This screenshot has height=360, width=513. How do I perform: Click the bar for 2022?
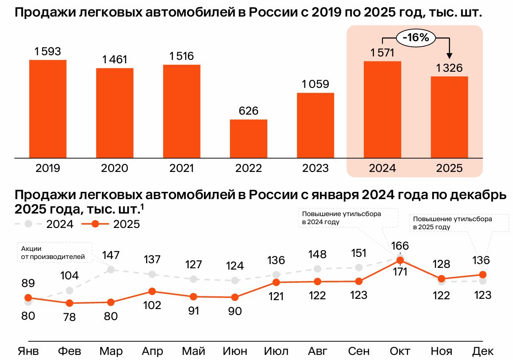[249, 138]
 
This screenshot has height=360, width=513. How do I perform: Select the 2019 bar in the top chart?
[48, 109]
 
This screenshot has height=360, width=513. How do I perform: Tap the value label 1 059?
[315, 84]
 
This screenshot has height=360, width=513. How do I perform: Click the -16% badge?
[416, 38]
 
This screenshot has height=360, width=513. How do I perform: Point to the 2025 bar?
[449, 117]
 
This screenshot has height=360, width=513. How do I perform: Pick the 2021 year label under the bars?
[181, 168]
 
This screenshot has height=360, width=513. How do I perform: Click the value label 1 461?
[115, 60]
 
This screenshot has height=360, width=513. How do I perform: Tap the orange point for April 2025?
[152, 291]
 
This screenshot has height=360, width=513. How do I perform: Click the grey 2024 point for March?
[111, 269]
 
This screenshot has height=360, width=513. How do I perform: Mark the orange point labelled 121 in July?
[276, 282]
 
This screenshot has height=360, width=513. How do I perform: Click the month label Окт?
[400, 351]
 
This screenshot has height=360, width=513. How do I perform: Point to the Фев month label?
[69, 351]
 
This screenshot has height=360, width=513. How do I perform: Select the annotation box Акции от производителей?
[54, 252]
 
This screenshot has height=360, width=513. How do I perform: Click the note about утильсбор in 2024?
[348, 217]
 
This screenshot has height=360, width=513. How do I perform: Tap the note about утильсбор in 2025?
[459, 223]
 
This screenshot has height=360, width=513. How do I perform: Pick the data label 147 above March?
[111, 256]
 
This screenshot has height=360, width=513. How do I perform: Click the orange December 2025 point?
[483, 275]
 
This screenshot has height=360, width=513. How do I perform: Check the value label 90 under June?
[235, 311]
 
